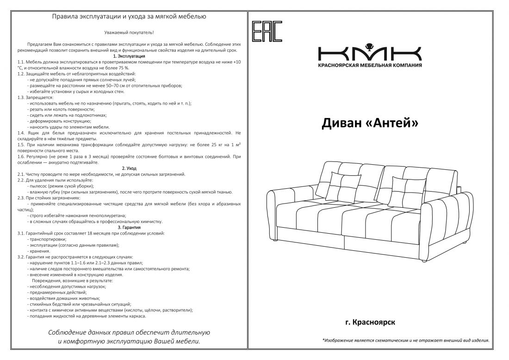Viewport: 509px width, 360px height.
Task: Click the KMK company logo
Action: [369, 52]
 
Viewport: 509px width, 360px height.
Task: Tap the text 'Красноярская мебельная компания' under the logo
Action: [370, 65]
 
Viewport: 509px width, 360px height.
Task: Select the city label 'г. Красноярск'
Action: [370, 322]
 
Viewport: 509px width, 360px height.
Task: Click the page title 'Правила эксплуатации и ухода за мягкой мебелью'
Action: [129, 17]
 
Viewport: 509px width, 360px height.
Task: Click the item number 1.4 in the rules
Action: [21, 132]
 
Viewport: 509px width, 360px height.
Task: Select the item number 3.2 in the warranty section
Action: [21, 257]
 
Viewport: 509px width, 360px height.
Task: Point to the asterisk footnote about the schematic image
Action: [406, 341]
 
